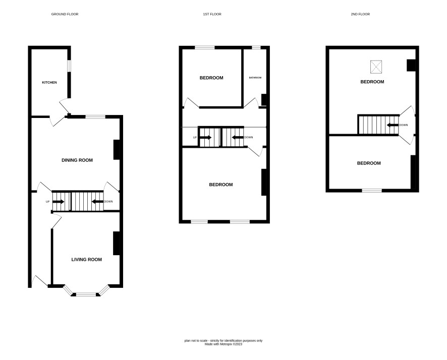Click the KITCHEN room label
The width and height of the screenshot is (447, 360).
pos(49,82)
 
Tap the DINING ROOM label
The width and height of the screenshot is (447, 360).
pos(77,160)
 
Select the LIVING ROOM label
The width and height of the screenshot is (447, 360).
pos(86,260)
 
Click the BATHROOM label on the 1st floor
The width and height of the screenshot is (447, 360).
pos(255,78)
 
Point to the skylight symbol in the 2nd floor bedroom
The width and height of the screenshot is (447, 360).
pos(376,67)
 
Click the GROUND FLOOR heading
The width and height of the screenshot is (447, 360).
pos(65,14)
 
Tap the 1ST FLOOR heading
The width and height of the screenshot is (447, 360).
pos(212,14)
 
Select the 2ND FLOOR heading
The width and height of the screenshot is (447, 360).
pos(360,14)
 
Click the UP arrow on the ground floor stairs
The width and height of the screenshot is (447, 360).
pos(59,202)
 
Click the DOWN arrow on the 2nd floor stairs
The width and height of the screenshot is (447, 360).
pos(393,125)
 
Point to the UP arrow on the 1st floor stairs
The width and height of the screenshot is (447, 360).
pos(206,137)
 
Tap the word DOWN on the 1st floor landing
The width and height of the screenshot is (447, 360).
pos(248,137)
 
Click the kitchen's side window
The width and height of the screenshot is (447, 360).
pos(69,66)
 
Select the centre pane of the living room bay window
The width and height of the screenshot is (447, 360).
pos(86,294)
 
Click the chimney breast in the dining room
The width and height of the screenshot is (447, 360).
pos(117,150)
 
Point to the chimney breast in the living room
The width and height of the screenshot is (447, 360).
pos(117,243)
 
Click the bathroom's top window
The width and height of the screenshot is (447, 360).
pos(256,47)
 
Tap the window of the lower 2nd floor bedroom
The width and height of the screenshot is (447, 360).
pos(372,190)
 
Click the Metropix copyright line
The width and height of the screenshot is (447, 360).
pos(224,344)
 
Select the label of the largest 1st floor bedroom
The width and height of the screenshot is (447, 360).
pos(221,185)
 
